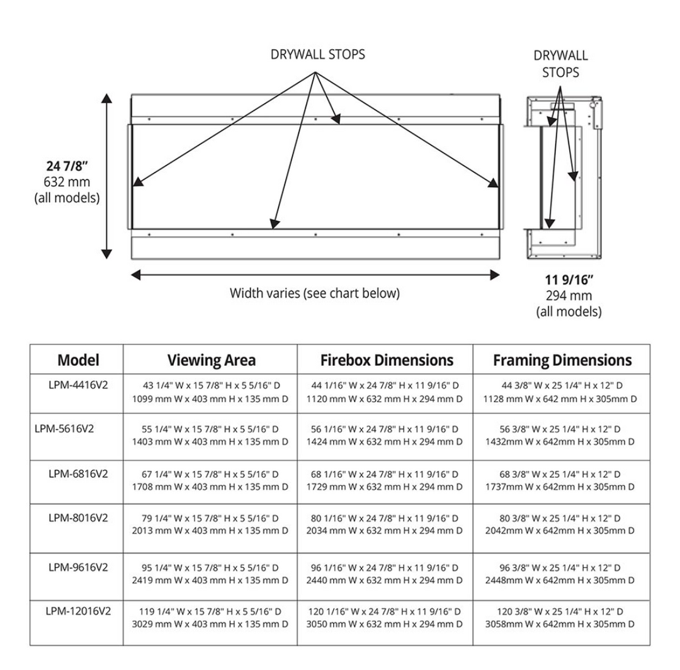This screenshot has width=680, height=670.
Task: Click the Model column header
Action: [78, 360]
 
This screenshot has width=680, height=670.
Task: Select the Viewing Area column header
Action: [211, 360]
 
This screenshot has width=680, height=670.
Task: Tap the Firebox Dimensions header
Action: [387, 360]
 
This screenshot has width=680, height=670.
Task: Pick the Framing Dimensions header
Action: [562, 360]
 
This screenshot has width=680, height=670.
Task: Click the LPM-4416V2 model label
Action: [78, 385]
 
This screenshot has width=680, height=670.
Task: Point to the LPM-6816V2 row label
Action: [78, 473]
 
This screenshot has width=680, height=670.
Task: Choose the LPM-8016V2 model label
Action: [78, 517]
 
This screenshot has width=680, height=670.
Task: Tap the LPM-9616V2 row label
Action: [78, 567]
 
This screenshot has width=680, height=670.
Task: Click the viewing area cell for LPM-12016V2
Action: [210, 618]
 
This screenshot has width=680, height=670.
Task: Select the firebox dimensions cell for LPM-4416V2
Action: [384, 392]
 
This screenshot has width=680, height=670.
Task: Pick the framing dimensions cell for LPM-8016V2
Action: [560, 525]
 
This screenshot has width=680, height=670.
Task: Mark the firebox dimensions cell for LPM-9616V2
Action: [384, 574]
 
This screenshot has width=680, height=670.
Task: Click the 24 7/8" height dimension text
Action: [66, 167]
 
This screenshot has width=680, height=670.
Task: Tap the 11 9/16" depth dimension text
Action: [569, 280]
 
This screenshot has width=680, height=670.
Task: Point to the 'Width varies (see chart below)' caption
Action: [314, 293]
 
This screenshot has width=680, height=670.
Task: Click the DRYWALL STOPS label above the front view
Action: [317, 54]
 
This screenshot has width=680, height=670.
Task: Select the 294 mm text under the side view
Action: [569, 296]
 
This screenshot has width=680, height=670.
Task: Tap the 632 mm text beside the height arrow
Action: [66, 183]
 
